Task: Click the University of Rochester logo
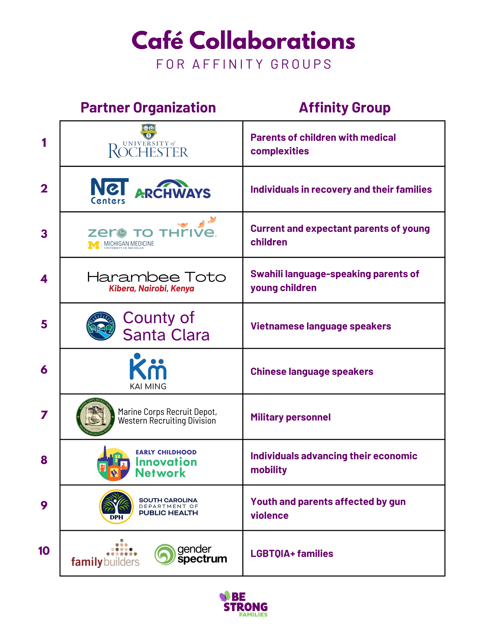pyautogui.click(x=148, y=142)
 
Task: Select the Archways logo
pyautogui.click(x=173, y=190)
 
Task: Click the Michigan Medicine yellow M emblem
pyautogui.click(x=94, y=245)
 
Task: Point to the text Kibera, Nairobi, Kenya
pyautogui.click(x=151, y=289)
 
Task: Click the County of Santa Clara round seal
pyautogui.click(x=101, y=326)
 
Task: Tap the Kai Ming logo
pyautogui.click(x=148, y=371)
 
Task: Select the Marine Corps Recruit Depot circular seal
pyautogui.click(x=96, y=417)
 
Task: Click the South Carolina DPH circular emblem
pyautogui.click(x=116, y=507)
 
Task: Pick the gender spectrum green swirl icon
pyautogui.click(x=165, y=554)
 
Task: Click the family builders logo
pyautogui.click(x=105, y=554)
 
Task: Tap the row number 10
pyautogui.click(x=44, y=551)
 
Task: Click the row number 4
pyautogui.click(x=44, y=279)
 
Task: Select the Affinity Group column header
pyautogui.click(x=345, y=108)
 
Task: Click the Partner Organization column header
pyautogui.click(x=148, y=108)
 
